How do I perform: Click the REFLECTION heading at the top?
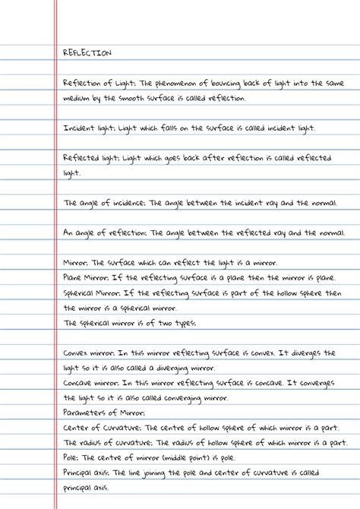pyautogui.click(x=87, y=53)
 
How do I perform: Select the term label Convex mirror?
pyautogui.click(x=89, y=353)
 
